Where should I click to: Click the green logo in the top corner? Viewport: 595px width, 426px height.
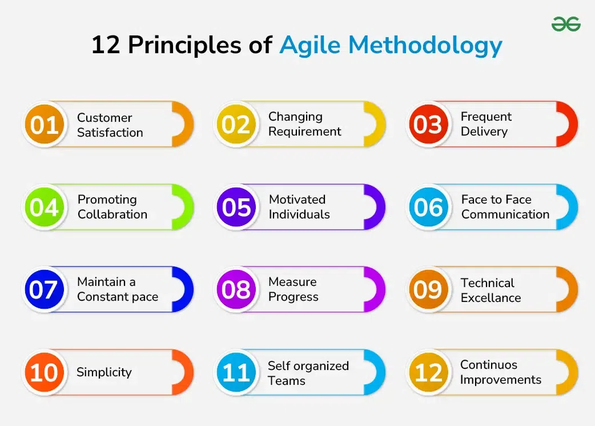pyautogui.click(x=566, y=24)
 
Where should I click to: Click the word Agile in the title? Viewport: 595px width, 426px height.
pyautogui.click(x=310, y=46)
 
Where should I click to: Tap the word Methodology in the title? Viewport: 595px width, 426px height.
pyautogui.click(x=425, y=46)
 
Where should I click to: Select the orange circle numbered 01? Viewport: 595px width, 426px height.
pyautogui.click(x=45, y=124)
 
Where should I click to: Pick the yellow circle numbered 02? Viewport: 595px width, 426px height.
pyautogui.click(x=236, y=124)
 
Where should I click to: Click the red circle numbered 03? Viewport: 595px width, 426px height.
pyautogui.click(x=428, y=124)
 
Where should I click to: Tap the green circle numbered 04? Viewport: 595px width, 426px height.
pyautogui.click(x=45, y=207)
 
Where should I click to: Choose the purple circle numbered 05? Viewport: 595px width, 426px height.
pyautogui.click(x=236, y=207)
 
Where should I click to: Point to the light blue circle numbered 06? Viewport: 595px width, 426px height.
pyautogui.click(x=428, y=207)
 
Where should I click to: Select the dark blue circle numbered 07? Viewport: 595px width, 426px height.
pyautogui.click(x=45, y=289)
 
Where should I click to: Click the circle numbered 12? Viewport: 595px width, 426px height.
pyautogui.click(x=428, y=372)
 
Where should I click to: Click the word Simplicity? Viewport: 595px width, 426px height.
pyautogui.click(x=104, y=372)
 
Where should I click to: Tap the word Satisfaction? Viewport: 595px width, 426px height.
pyautogui.click(x=110, y=133)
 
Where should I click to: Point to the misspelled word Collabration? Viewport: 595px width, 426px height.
pyautogui.click(x=112, y=214)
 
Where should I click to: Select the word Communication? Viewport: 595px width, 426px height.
pyautogui.click(x=505, y=214)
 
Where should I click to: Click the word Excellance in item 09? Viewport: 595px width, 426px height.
pyautogui.click(x=491, y=298)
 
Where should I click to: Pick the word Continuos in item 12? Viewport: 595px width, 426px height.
pyautogui.click(x=489, y=365)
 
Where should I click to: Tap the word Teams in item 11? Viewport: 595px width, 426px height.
pyautogui.click(x=287, y=381)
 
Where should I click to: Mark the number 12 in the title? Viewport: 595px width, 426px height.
pyautogui.click(x=106, y=45)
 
